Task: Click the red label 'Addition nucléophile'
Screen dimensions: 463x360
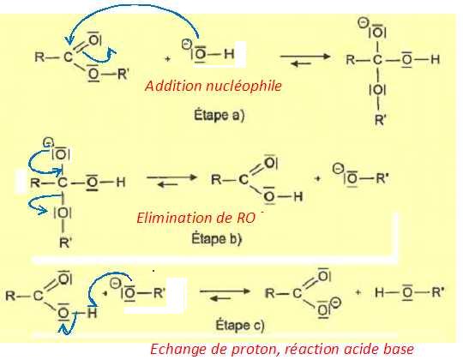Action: point(213,87)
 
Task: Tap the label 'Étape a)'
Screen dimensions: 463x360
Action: point(219,115)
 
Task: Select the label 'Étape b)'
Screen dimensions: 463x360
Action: point(217,238)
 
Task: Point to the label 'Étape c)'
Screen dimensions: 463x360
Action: point(240,325)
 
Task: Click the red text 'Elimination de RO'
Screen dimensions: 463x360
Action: point(196,218)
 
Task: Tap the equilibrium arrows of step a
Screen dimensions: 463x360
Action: point(305,59)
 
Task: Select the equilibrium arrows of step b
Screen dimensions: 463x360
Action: point(171,181)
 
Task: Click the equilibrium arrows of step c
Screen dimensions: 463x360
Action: point(225,295)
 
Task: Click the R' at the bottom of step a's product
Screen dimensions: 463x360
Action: point(381,120)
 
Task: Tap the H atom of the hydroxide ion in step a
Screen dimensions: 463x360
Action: point(229,54)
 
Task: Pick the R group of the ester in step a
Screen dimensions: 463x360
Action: point(39,57)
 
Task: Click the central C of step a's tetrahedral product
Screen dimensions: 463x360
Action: point(377,60)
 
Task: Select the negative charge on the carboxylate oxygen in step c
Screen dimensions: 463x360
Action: point(337,303)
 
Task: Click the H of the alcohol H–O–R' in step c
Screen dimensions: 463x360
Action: point(380,292)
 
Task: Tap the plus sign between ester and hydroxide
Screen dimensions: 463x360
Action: point(167,59)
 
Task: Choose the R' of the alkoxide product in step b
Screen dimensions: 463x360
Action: point(382,178)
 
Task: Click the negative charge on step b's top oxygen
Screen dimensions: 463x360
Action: point(47,143)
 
